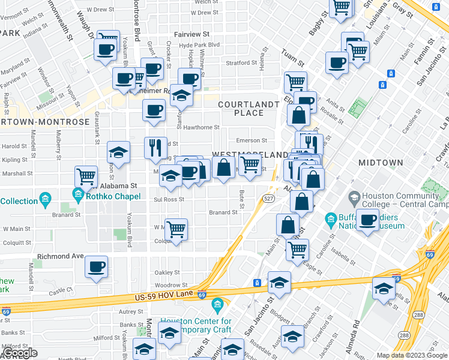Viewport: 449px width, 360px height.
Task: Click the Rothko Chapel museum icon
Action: coord(78,194)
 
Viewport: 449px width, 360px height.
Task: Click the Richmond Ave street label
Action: coord(60,256)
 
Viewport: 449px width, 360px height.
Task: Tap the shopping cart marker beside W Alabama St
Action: coord(86,176)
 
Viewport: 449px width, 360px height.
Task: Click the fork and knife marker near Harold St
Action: coord(155,146)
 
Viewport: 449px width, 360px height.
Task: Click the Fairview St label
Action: coord(191,35)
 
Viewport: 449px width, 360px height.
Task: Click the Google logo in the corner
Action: coord(19,353)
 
